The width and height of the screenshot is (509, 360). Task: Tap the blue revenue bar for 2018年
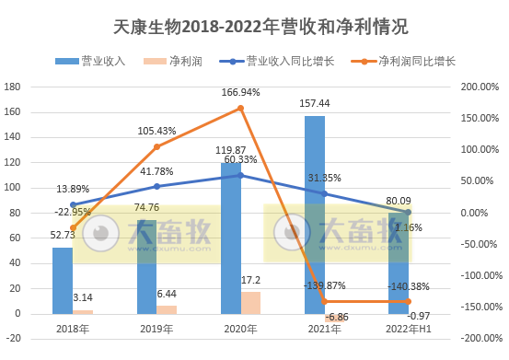tap(62, 280)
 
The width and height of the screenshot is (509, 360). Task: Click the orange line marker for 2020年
tap(240, 108)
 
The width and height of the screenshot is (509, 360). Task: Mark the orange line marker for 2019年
tap(156, 146)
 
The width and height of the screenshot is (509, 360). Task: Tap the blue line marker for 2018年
tap(72, 204)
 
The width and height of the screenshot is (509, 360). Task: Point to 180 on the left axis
tap(14, 87)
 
